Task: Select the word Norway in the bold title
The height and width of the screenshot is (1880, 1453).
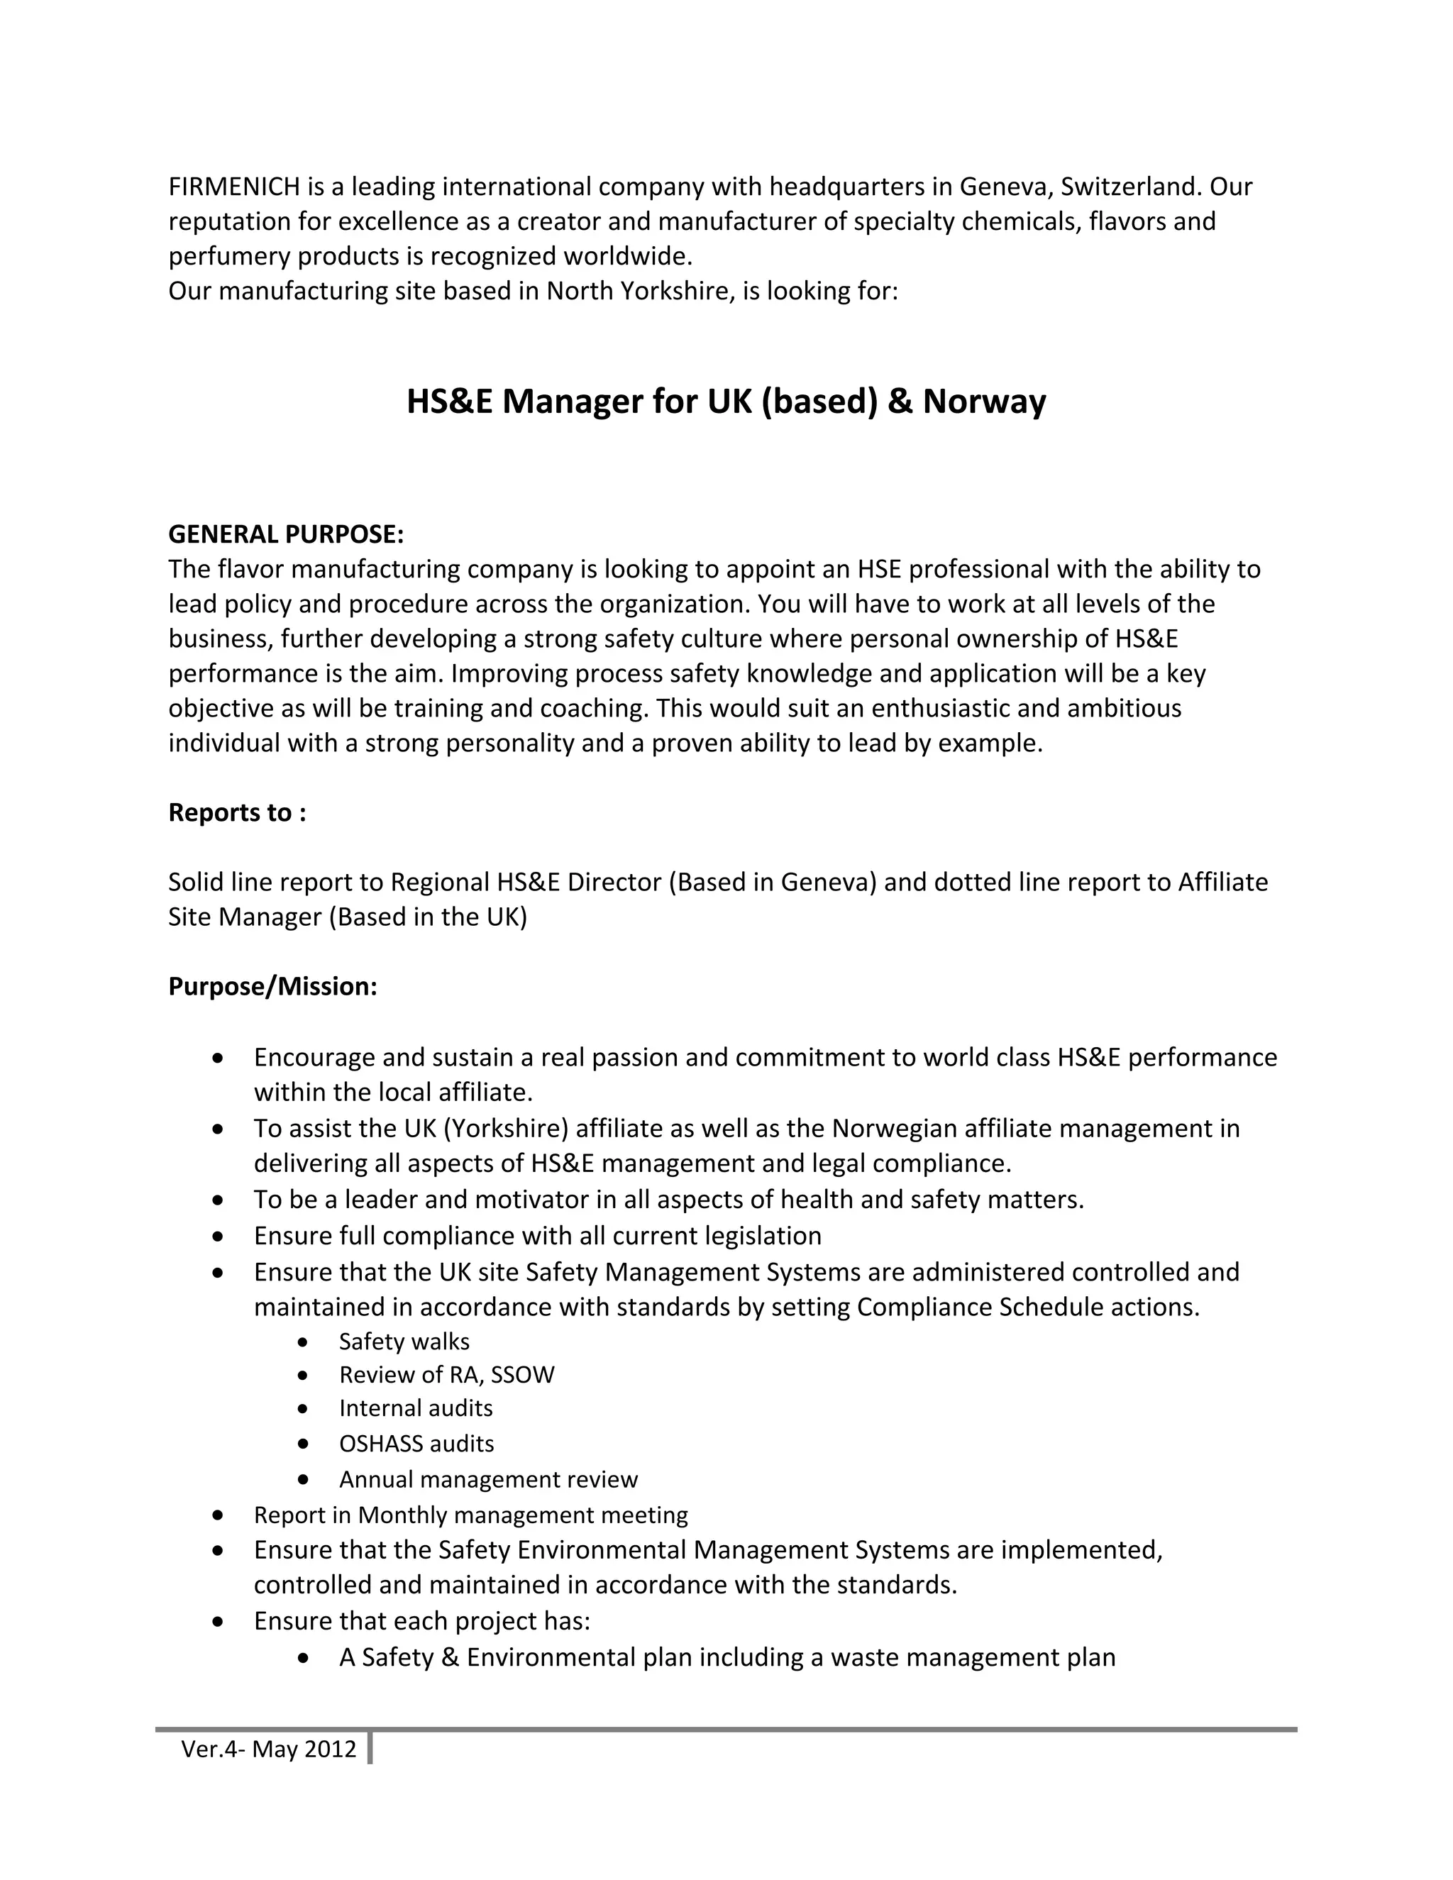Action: tap(984, 402)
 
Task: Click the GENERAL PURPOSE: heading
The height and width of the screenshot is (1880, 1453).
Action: tap(286, 535)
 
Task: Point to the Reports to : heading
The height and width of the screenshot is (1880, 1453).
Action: tap(237, 812)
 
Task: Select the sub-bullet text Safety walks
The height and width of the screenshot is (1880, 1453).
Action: tap(404, 1342)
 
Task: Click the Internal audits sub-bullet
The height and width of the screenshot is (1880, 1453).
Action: tap(416, 1408)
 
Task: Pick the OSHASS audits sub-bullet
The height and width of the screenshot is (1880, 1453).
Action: tap(416, 1444)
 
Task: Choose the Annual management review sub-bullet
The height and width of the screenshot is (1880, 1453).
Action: tap(488, 1480)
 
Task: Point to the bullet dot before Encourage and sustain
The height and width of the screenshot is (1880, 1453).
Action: tap(219, 1057)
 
